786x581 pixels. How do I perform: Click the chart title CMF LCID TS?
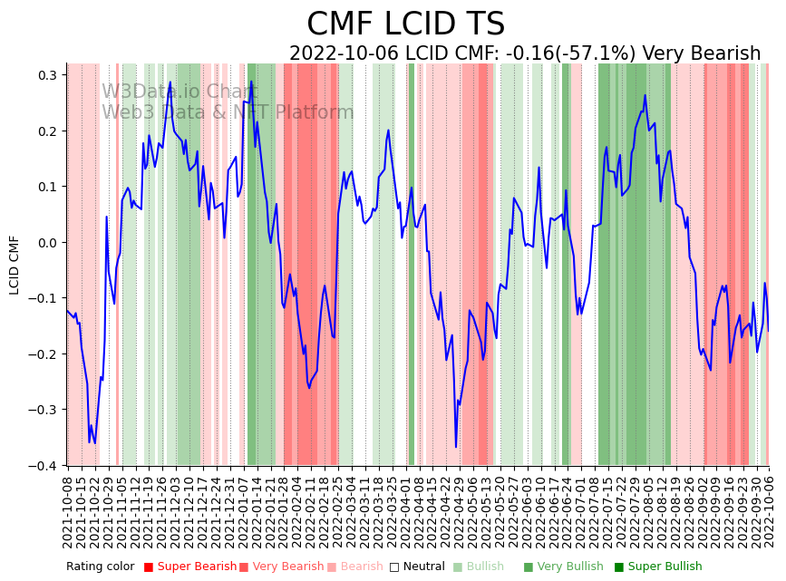(x=405, y=24)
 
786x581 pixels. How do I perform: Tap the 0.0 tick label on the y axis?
(x=47, y=243)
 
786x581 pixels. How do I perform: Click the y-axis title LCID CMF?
(x=15, y=265)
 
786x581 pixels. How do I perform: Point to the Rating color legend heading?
(x=101, y=567)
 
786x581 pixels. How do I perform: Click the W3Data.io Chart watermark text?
(x=180, y=92)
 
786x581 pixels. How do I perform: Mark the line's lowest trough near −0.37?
(x=456, y=447)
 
